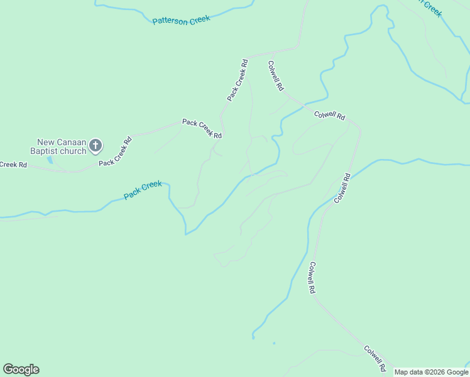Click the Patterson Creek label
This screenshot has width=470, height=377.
181,19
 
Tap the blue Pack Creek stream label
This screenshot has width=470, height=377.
143,190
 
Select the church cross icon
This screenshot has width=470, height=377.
95,146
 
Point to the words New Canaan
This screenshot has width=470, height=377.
61,142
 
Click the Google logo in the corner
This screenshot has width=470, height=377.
21,369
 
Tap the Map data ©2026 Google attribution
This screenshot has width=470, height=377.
432,372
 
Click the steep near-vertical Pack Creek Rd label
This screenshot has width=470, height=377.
238,80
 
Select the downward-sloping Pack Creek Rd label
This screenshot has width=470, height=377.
202,128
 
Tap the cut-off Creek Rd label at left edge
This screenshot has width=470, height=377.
13,165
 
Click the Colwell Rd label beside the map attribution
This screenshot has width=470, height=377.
374,357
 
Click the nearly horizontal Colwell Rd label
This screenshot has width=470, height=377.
330,115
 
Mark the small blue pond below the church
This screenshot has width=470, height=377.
50,160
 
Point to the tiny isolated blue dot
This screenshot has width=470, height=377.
274,343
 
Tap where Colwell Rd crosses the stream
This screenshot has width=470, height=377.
305,105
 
